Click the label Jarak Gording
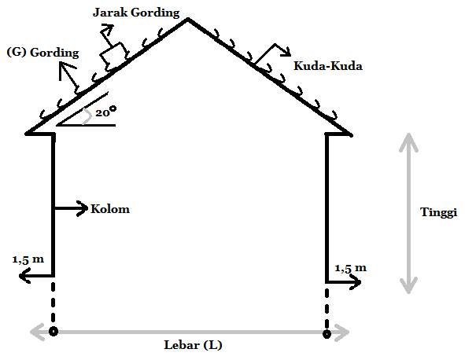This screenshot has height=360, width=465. [136, 13]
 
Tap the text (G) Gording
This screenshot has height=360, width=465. [42, 53]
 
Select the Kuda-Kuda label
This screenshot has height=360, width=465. [328, 66]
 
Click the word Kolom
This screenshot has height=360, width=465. [110, 209]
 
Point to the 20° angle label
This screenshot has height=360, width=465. [106, 112]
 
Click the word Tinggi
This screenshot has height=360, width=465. [438, 213]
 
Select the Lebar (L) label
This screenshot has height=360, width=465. [193, 345]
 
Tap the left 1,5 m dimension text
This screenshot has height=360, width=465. [28, 259]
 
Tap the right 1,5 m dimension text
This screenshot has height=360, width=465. [351, 268]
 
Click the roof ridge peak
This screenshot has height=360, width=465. [188, 20]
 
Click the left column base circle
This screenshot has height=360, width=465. [54, 331]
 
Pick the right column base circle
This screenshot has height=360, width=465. [327, 334]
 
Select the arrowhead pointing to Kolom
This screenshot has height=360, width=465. [83, 208]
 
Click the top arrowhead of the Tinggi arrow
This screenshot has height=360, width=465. [408, 141]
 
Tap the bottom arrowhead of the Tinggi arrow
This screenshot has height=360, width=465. [408, 285]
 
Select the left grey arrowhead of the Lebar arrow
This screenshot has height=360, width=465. [37, 332]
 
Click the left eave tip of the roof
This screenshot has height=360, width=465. [27, 134]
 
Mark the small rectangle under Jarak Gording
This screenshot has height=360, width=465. [114, 57]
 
